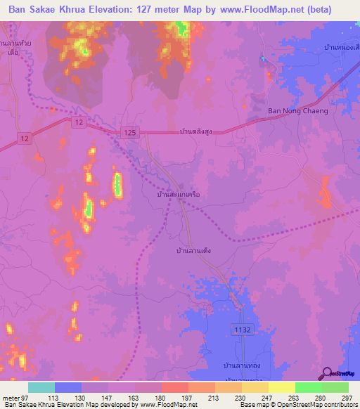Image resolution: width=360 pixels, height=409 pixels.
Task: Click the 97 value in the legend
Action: [30, 397]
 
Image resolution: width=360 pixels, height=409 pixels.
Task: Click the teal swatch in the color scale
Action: [41, 387]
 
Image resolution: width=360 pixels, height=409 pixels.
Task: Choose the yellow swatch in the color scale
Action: [282, 387]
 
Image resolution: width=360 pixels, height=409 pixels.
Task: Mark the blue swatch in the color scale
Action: [68, 387]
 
